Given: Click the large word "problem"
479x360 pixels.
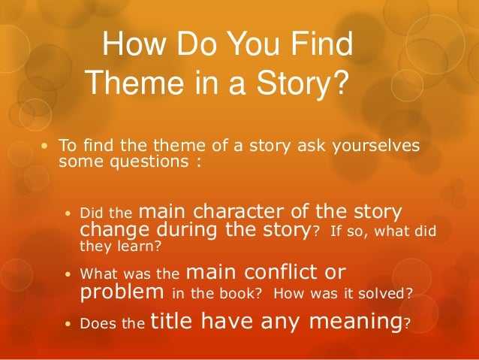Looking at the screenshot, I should point(122,291).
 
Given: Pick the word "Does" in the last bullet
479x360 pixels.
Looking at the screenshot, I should point(95,325).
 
